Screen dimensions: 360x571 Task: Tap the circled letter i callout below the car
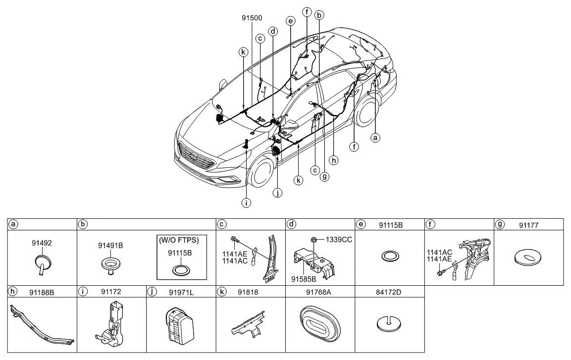(x=246, y=202)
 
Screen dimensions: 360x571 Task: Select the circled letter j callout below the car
(x=278, y=194)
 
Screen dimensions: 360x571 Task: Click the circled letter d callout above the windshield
(x=273, y=31)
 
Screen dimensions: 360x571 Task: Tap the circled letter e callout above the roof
(x=290, y=21)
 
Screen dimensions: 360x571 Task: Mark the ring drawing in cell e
(x=390, y=257)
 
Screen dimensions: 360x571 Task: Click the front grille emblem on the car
(x=193, y=157)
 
